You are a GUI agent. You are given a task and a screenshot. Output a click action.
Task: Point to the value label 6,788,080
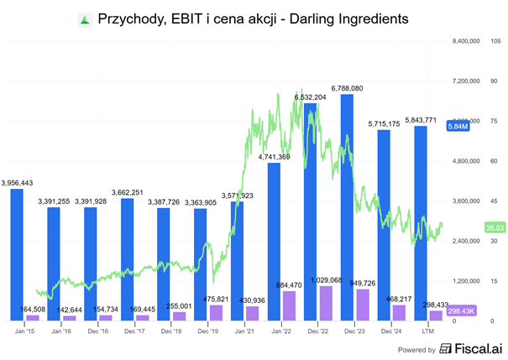click(x=347, y=87)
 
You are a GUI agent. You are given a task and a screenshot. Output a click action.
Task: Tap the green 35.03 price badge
click(x=495, y=227)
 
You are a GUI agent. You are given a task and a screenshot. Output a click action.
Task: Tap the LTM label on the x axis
click(x=427, y=331)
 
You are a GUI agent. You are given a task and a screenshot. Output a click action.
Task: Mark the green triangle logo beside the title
click(x=85, y=18)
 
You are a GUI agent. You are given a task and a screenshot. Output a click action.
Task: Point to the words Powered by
click(x=417, y=349)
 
